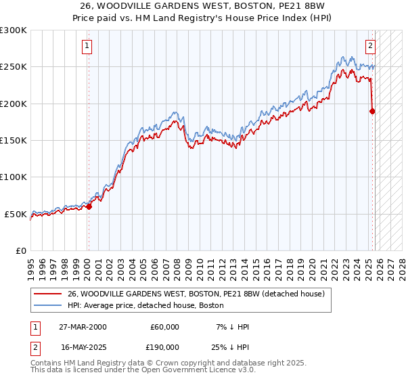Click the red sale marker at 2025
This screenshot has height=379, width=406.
[x=372, y=111]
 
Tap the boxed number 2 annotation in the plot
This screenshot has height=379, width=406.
[x=371, y=46]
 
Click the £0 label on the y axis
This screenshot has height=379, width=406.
[x=20, y=250]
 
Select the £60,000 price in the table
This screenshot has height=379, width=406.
[x=164, y=327]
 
